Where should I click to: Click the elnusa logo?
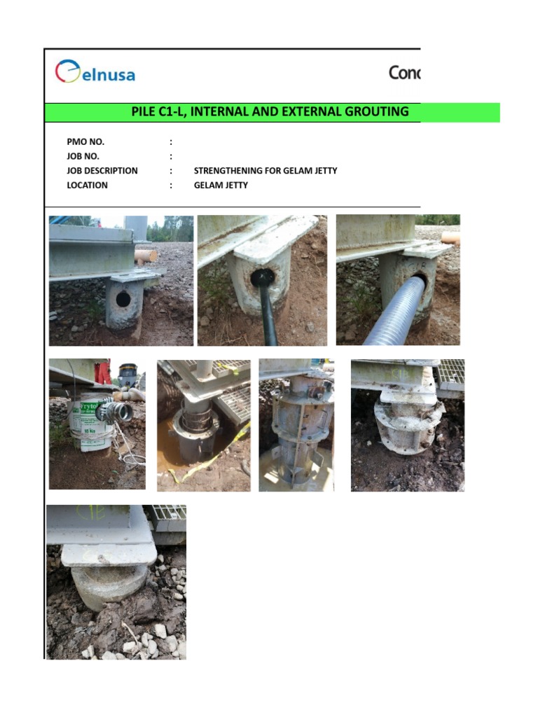95,73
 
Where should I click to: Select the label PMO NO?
85,142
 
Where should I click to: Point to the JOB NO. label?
83,156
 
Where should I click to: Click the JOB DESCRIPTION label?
102,171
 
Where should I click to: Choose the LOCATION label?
88,186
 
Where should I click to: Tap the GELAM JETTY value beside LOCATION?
221,186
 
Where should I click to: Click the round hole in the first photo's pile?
123,300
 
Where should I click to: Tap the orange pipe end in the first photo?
146,256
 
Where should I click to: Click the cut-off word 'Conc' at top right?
404,73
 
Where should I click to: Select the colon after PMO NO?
171,142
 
